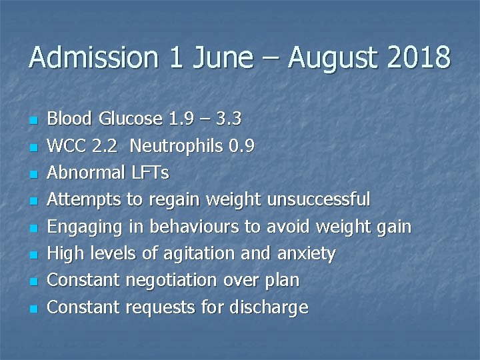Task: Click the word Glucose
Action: (130, 119)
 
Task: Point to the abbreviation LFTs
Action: (150, 173)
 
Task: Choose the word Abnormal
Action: (87, 173)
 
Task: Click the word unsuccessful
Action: (319, 200)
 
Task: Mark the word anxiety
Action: (305, 254)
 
